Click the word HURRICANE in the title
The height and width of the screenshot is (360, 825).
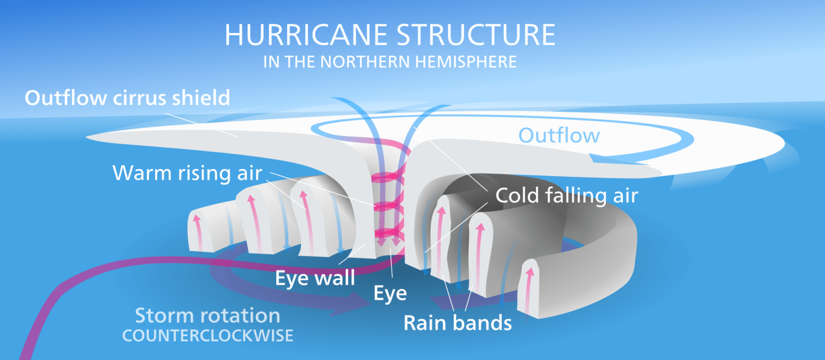[306, 35]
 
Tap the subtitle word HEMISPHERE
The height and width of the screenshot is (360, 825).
[466, 62]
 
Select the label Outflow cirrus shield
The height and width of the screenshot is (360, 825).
[127, 98]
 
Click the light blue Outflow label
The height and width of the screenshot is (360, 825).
[559, 136]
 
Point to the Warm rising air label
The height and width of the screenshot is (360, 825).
[187, 173]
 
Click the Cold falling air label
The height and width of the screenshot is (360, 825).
[567, 195]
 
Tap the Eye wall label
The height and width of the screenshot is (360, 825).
[315, 278]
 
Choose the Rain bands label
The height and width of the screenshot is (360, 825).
[457, 323]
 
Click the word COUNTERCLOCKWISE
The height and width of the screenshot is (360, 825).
[207, 336]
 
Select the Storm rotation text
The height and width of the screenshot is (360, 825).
[207, 315]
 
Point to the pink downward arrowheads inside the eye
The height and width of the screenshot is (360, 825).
[388, 241]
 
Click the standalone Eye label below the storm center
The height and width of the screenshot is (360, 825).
[390, 293]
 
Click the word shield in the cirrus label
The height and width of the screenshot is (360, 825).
[201, 98]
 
